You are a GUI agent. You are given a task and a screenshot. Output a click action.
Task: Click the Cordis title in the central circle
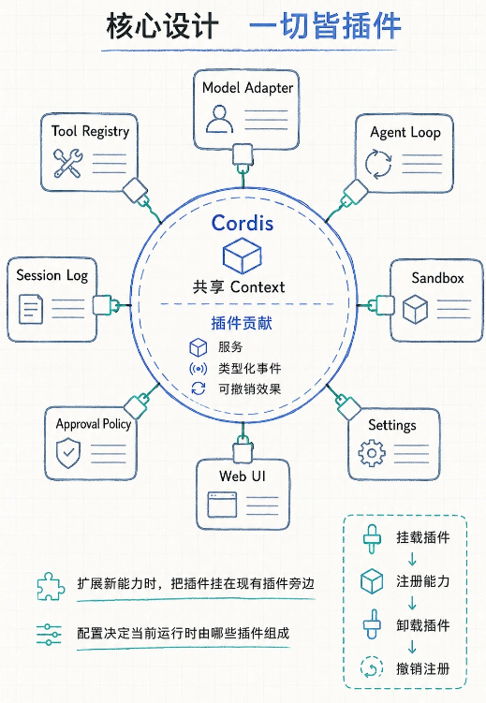(243, 223)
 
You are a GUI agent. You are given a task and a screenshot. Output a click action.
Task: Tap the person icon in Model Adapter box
(219, 119)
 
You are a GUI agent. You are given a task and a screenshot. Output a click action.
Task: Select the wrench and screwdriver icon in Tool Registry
(67, 163)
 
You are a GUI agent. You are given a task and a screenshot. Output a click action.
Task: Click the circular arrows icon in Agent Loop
(378, 164)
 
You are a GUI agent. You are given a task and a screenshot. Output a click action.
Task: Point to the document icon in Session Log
(31, 309)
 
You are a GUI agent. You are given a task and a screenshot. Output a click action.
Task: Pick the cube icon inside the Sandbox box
(415, 309)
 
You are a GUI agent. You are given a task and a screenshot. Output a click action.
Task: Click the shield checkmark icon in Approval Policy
(68, 453)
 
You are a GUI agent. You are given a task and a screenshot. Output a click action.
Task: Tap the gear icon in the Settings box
(372, 453)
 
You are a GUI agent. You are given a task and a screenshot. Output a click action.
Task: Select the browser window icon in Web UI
(222, 505)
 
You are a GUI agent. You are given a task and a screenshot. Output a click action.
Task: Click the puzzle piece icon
(51, 586)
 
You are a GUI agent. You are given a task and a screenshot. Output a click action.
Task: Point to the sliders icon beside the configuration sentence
(49, 634)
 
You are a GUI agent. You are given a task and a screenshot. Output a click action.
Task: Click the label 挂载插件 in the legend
(422, 537)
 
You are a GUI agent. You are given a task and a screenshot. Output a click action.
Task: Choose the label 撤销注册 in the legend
(422, 668)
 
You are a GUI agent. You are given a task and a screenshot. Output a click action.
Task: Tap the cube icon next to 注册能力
(372, 581)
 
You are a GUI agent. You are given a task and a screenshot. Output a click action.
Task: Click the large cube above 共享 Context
(243, 256)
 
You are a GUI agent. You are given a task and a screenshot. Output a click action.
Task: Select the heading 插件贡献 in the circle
(242, 323)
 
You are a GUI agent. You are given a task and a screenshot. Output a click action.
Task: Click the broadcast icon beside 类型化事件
(199, 369)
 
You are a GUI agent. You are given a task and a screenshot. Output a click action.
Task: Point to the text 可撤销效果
(250, 388)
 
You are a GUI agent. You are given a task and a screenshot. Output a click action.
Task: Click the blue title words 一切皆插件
(325, 26)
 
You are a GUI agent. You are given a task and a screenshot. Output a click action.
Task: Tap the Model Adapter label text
(247, 88)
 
